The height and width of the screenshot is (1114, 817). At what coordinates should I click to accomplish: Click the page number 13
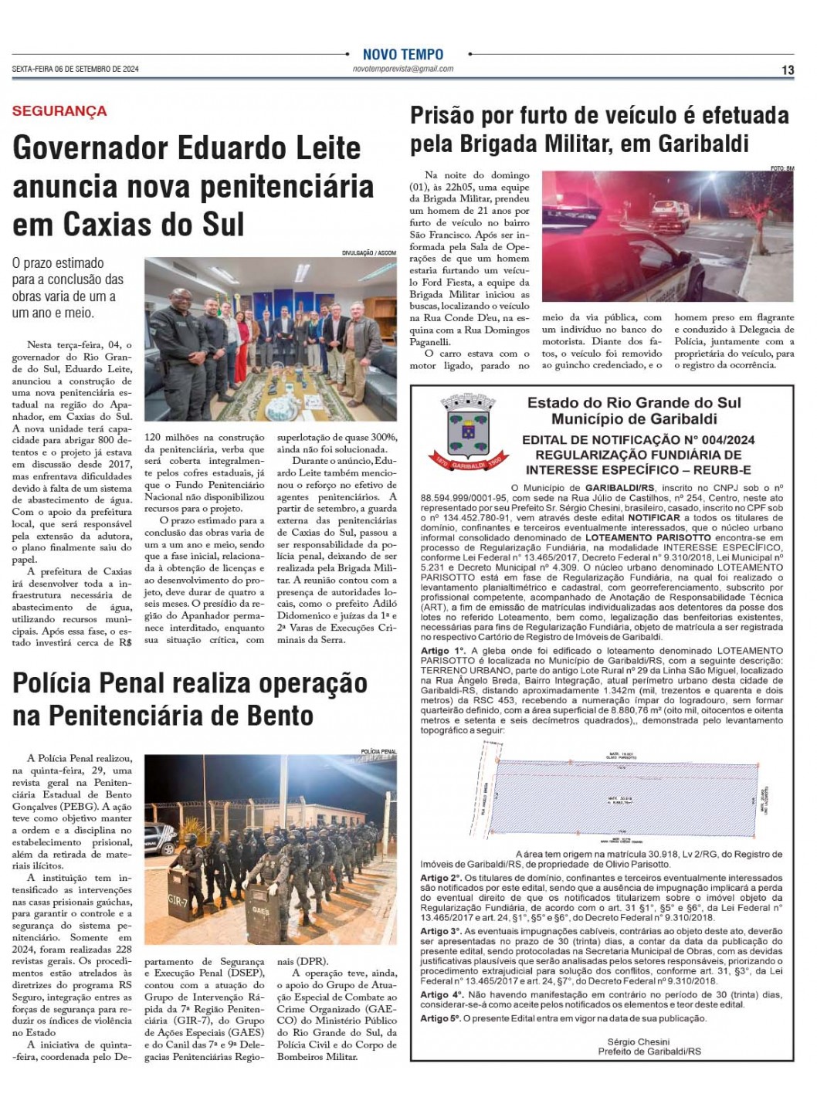788,70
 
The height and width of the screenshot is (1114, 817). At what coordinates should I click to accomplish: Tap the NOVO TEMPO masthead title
403,55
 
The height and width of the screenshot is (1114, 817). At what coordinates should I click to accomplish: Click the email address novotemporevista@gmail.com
403,69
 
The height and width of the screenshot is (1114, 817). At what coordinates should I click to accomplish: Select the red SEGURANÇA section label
59,111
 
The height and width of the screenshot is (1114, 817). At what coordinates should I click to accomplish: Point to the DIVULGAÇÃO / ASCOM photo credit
369,253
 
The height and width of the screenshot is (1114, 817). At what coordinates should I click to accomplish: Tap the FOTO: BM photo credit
781,168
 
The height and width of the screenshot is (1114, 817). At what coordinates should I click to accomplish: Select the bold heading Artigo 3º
442,932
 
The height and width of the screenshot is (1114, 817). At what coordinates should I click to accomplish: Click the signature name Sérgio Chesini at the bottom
639,1041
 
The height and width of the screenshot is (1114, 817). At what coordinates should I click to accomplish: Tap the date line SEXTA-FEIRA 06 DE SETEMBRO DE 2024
76,69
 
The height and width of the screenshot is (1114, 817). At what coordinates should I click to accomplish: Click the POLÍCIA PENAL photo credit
378,751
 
